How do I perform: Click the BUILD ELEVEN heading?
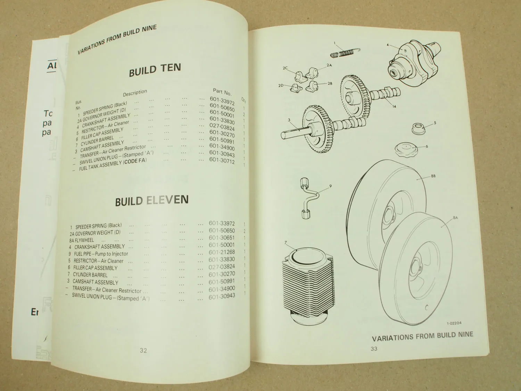152,201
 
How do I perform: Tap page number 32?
143,350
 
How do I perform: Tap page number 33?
374,349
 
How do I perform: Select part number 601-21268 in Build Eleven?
222,252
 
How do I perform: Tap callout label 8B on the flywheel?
433,176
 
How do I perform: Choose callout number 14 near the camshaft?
394,106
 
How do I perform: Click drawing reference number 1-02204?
454,323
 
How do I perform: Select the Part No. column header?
222,92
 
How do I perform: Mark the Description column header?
135,92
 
